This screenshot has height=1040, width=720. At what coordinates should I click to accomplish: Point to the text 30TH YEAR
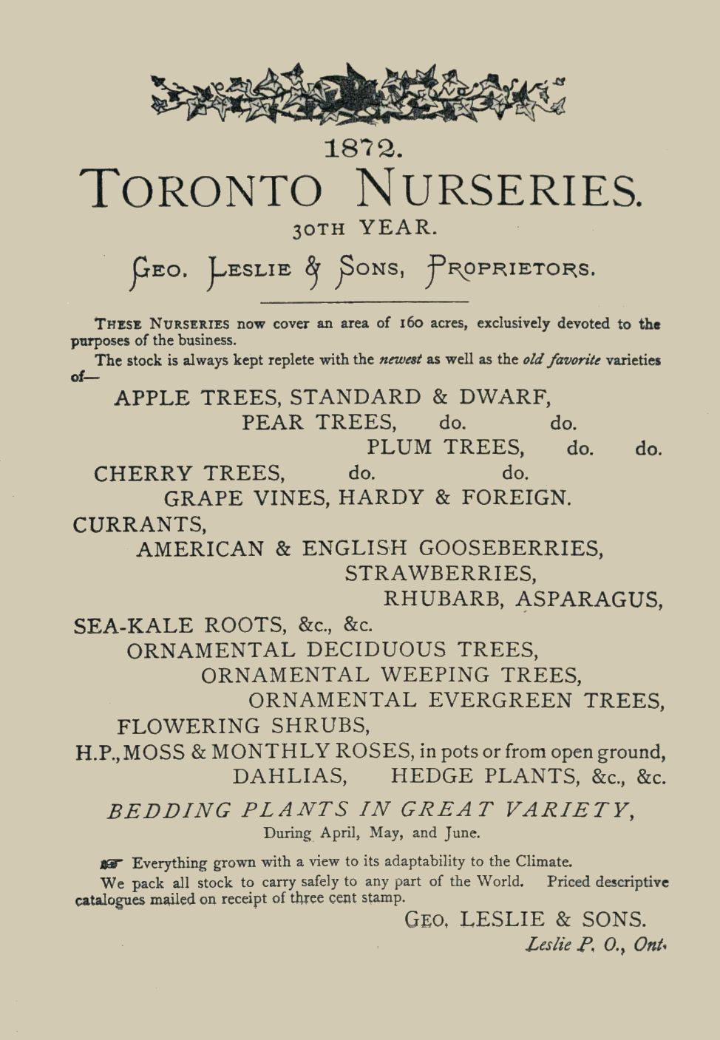pyautogui.click(x=364, y=228)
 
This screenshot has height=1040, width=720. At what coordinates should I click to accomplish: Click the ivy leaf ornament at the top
pyautogui.click(x=359, y=94)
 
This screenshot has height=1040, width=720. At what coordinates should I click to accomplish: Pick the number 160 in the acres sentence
pyautogui.click(x=411, y=323)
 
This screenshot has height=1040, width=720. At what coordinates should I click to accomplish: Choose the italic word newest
pyautogui.click(x=400, y=360)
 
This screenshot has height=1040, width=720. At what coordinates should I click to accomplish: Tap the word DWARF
pyautogui.click(x=505, y=397)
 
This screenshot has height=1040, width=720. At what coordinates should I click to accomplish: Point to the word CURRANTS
pyautogui.click(x=140, y=524)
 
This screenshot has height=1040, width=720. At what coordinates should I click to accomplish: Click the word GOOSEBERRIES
pyautogui.click(x=511, y=548)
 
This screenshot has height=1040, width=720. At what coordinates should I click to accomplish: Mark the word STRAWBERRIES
pyautogui.click(x=441, y=574)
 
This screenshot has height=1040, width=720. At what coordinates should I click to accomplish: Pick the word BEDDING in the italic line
pyautogui.click(x=169, y=810)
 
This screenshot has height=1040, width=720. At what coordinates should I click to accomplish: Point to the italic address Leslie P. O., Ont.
pyautogui.click(x=596, y=945)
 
